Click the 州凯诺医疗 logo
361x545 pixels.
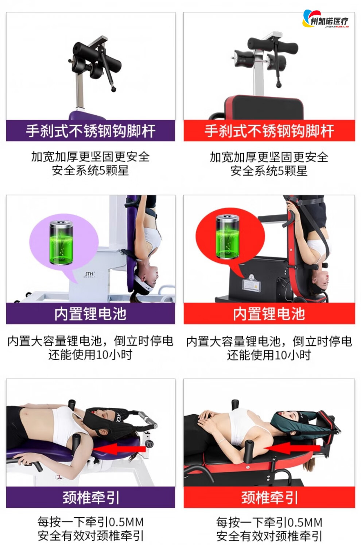(325, 19)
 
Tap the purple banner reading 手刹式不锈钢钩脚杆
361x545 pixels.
(90, 130)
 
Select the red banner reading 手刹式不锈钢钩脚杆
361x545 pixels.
(269, 130)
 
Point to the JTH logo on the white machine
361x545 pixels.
(89, 275)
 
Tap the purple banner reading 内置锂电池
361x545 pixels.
(90, 313)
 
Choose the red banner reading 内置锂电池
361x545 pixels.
(269, 313)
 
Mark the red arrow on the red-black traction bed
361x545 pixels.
(292, 448)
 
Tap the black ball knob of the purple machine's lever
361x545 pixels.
(113, 89)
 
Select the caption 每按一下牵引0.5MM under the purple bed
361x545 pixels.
(90, 522)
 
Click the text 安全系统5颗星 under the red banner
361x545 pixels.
(269, 170)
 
